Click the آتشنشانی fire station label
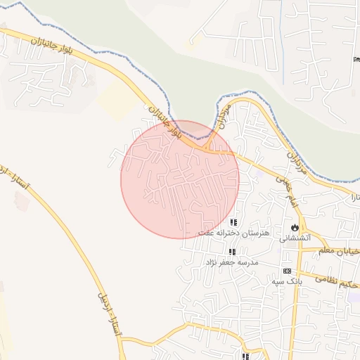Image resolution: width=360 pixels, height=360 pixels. [294, 238]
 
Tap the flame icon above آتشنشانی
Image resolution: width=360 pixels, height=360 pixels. [294, 228]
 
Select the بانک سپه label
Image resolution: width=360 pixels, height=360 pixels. [287, 281]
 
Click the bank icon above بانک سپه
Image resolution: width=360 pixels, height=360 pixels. [287, 271]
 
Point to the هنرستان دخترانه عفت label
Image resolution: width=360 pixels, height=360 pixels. [226, 232]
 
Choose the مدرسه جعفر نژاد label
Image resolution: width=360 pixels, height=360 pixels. [232, 262]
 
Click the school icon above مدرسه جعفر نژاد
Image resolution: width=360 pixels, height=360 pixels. [232, 252]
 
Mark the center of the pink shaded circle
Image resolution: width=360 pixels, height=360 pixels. [180, 179]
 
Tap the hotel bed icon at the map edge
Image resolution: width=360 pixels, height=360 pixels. [355, 58]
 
